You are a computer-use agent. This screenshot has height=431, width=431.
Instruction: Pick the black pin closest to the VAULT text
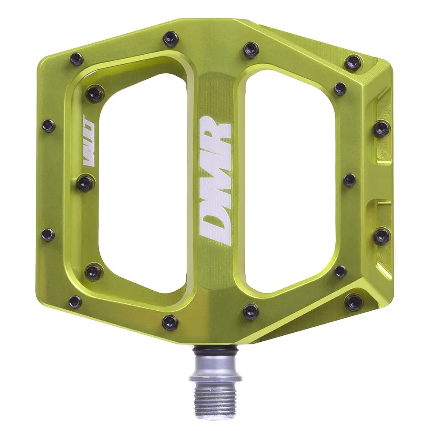click(85, 183)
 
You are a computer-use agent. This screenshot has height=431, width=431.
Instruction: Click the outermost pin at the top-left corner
click(76, 59)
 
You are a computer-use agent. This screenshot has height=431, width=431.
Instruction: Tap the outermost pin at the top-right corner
click(354, 62)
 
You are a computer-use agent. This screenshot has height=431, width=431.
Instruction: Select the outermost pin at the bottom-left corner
click(75, 302)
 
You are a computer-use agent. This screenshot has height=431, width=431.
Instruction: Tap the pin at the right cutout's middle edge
click(350, 180)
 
